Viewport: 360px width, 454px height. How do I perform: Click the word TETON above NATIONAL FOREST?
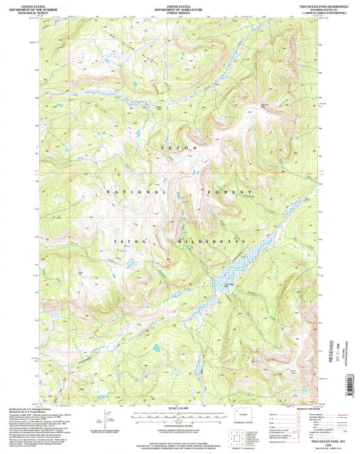tap(178, 147)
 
